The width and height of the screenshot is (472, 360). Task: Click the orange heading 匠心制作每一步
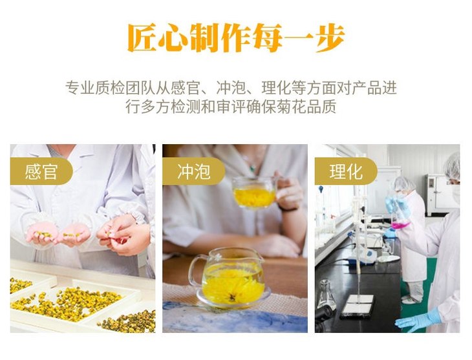tap(236, 38)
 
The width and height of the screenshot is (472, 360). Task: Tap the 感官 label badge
tap(41, 171)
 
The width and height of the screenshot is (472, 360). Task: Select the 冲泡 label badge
tap(193, 171)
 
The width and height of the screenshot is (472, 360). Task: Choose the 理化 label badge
tap(346, 171)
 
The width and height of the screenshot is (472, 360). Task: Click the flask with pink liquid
tap(400, 216)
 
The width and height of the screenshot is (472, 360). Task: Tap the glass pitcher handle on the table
tap(195, 270)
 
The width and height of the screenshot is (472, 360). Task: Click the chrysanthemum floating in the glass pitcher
tap(232, 284)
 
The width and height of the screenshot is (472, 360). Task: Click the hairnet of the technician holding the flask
tap(403, 183)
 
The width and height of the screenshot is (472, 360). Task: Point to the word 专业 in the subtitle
tap(80, 88)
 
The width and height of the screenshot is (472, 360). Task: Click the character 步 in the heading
tap(330, 38)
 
